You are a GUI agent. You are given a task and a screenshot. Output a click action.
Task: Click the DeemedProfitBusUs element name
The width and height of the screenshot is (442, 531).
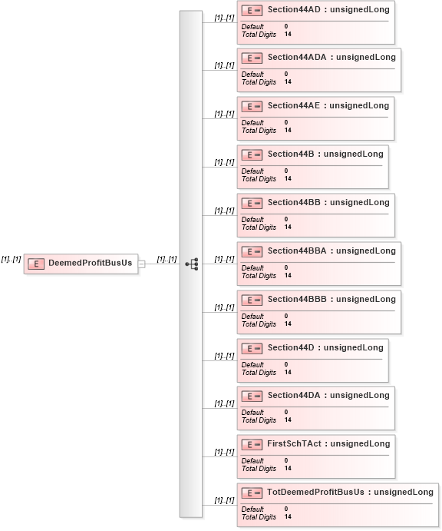click(91, 263)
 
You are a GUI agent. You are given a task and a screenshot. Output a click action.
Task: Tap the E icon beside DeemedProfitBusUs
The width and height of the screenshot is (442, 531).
click(36, 264)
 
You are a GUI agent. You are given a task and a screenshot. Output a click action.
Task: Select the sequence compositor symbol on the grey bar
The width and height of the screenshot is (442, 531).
click(192, 264)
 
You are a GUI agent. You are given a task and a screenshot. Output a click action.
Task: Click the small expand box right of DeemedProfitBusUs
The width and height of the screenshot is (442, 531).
click(142, 264)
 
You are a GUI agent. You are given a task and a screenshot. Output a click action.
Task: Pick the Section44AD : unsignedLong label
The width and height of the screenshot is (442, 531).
click(328, 9)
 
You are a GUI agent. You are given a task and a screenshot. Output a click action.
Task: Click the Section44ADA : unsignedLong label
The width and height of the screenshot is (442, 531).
click(331, 57)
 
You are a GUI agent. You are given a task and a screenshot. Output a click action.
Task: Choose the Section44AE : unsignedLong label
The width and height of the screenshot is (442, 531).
click(328, 105)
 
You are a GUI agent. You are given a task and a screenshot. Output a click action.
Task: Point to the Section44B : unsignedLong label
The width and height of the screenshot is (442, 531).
click(325, 154)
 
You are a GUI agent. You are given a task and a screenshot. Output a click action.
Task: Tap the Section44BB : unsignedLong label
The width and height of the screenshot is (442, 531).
click(328, 203)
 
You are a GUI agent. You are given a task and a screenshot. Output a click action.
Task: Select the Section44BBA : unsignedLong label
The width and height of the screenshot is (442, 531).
click(331, 251)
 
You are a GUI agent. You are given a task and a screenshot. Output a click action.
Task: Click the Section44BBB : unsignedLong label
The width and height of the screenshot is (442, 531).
click(331, 300)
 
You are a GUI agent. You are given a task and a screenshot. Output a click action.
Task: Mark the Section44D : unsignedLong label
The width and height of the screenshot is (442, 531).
click(325, 348)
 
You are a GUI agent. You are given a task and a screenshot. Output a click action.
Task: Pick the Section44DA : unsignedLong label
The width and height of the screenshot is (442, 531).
click(328, 396)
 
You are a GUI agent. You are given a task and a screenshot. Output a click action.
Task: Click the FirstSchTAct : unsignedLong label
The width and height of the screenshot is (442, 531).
click(328, 444)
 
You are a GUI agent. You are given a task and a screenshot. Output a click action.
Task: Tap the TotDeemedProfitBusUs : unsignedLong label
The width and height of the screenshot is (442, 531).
click(350, 493)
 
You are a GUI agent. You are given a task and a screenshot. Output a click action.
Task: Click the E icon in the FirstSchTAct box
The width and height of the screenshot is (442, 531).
click(252, 444)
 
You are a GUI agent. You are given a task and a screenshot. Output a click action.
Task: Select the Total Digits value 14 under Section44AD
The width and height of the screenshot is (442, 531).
click(288, 35)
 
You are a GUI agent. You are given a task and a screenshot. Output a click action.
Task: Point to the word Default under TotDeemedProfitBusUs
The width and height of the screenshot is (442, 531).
click(252, 509)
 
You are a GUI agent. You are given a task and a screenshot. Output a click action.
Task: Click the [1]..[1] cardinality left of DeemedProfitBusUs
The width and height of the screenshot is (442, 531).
click(12, 260)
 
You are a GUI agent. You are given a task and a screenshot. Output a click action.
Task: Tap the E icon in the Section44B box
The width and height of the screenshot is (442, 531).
click(252, 154)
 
